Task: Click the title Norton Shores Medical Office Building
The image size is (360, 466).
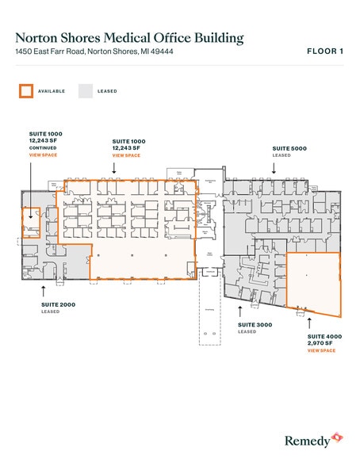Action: (129, 37)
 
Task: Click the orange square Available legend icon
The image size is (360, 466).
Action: (26, 91)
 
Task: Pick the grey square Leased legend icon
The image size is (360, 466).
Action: (85, 91)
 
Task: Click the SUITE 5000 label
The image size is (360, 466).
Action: (289, 148)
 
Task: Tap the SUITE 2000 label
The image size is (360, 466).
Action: (58, 304)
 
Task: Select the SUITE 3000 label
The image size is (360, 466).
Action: (255, 325)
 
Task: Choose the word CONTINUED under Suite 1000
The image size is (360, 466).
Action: (42, 148)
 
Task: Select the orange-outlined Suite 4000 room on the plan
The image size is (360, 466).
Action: (313, 281)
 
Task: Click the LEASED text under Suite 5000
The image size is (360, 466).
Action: (282, 155)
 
